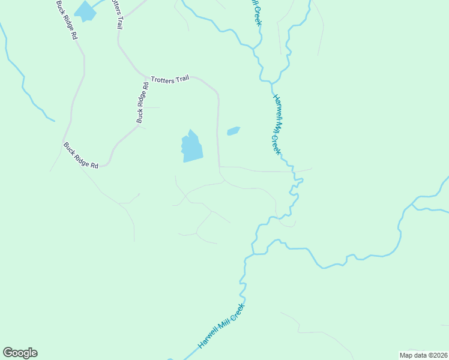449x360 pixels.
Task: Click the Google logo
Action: (x=20, y=353)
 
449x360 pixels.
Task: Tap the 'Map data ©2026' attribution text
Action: (x=424, y=355)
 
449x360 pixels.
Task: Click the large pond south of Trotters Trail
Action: (x=191, y=148)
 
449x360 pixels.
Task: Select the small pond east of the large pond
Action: (x=233, y=131)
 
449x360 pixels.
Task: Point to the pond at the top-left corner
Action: (x=85, y=11)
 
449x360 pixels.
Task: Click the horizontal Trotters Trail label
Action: (x=170, y=79)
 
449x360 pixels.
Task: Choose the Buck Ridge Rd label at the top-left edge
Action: (x=66, y=20)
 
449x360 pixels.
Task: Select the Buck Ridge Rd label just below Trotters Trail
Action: (x=142, y=103)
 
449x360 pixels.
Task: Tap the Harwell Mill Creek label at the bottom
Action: (x=221, y=327)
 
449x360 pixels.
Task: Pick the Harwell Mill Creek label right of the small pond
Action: (x=277, y=124)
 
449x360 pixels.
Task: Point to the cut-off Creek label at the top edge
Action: (x=256, y=12)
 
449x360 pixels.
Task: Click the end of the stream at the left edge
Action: (x=55, y=121)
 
